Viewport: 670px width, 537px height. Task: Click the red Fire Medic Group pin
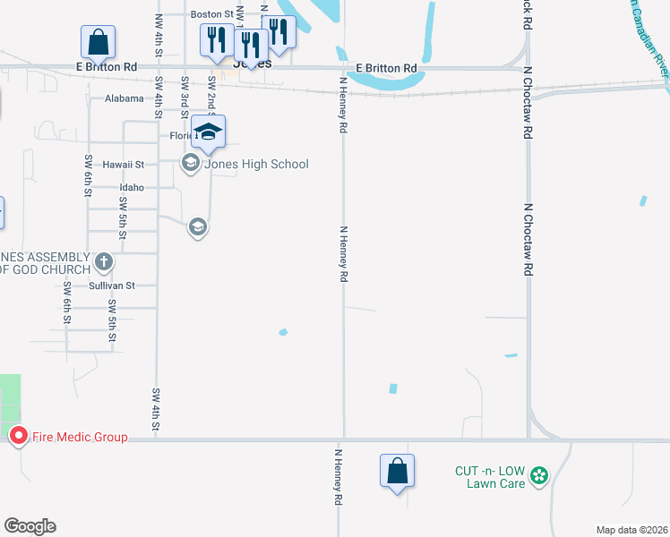(18, 436)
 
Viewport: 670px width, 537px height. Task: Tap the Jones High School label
(256, 164)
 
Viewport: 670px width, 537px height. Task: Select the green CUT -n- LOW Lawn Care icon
(539, 474)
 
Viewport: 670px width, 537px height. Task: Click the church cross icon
(104, 262)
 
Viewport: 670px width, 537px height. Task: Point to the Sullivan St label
(112, 286)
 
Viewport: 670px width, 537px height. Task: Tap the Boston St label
(212, 14)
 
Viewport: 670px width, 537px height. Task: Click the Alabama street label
(124, 98)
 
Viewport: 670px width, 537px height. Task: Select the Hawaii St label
(123, 165)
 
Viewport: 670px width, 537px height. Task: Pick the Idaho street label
(132, 188)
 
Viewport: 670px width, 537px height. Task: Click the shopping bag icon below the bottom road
(397, 471)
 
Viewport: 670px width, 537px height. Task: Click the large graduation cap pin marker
(208, 132)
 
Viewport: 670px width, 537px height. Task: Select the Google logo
(30, 526)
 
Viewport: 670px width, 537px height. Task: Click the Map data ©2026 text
(631, 530)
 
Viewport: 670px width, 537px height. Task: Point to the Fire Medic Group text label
(80, 437)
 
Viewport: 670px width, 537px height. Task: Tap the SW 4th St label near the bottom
(156, 410)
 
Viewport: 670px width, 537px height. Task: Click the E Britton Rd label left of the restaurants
(107, 67)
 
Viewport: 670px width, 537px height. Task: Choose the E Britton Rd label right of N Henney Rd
(386, 68)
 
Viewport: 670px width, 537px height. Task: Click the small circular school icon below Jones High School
(197, 228)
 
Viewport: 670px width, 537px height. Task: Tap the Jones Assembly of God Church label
(45, 263)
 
